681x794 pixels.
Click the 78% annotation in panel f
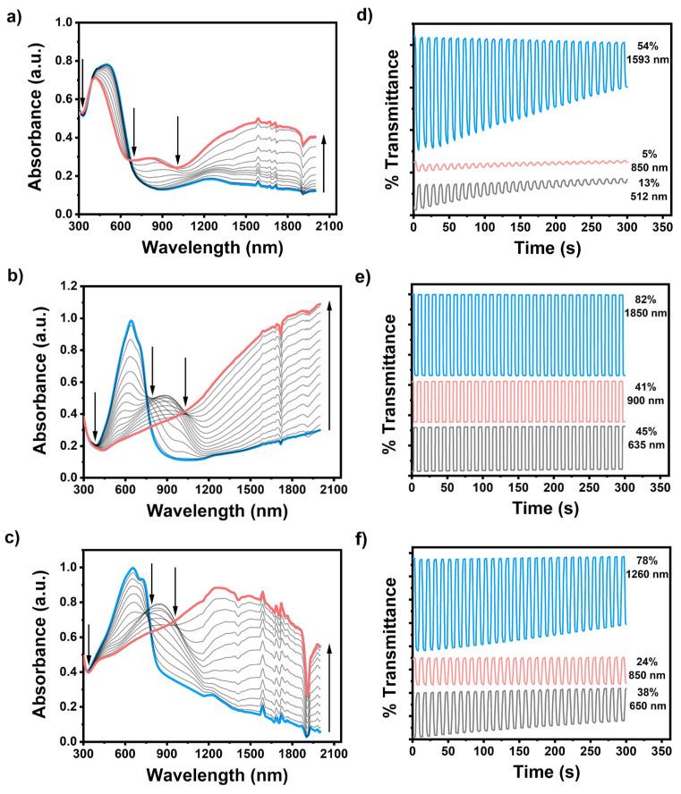point(646,561)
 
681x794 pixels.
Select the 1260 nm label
point(646,574)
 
